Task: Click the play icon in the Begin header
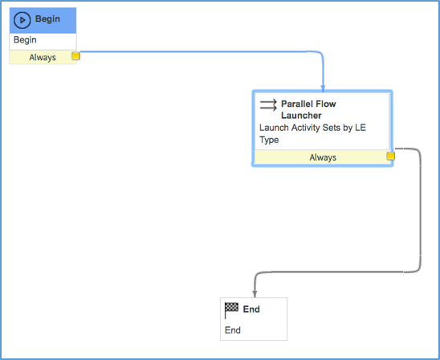[x=22, y=20]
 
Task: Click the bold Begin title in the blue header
[x=47, y=19]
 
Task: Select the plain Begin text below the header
[x=25, y=40]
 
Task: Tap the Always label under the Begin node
[x=43, y=58]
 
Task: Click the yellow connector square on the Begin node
[x=75, y=56]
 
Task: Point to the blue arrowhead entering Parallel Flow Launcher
[x=323, y=88]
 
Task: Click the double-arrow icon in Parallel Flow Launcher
[x=268, y=105]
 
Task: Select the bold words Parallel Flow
[x=308, y=104]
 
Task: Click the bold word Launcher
[x=301, y=116]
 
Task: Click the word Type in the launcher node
[x=269, y=140]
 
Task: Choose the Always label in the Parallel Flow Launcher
[x=323, y=157]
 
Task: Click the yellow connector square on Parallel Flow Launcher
[x=390, y=156]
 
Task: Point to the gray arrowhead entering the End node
[x=255, y=294]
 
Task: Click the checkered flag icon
[x=231, y=310]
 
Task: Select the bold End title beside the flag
[x=251, y=309]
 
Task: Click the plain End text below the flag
[x=233, y=330]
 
